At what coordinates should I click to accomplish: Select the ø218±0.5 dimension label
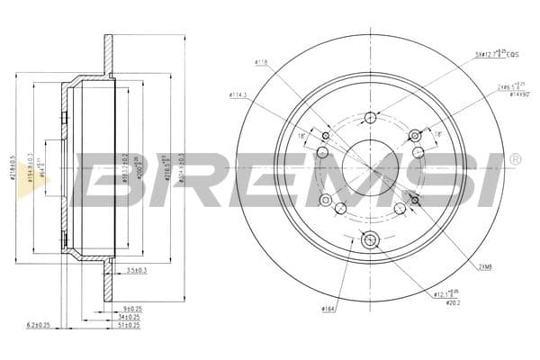13,170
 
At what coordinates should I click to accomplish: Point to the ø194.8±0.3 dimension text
31,170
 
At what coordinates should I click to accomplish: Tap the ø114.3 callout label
238,94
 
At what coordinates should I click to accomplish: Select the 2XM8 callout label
485,266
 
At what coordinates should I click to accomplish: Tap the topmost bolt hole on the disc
370,117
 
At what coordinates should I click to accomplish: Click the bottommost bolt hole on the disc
370,240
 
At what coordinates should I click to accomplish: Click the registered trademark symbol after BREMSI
515,159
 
